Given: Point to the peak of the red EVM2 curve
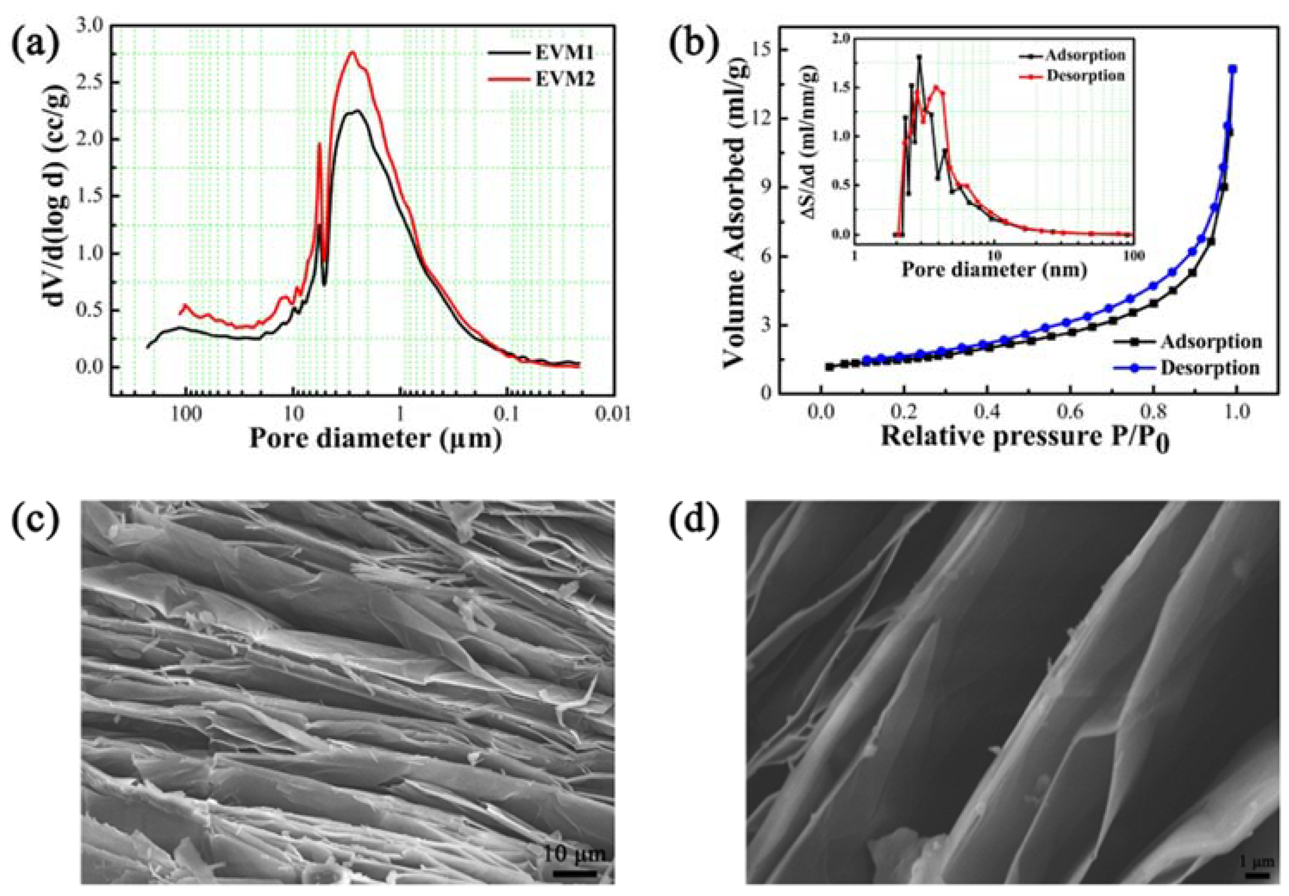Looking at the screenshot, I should tap(353, 52).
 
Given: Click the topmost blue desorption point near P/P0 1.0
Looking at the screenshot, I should tap(1233, 69).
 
